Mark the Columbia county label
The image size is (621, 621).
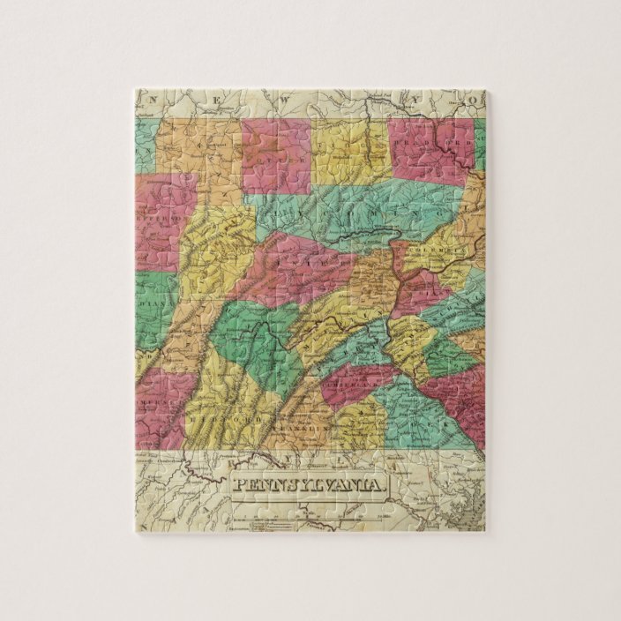point(432,250)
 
